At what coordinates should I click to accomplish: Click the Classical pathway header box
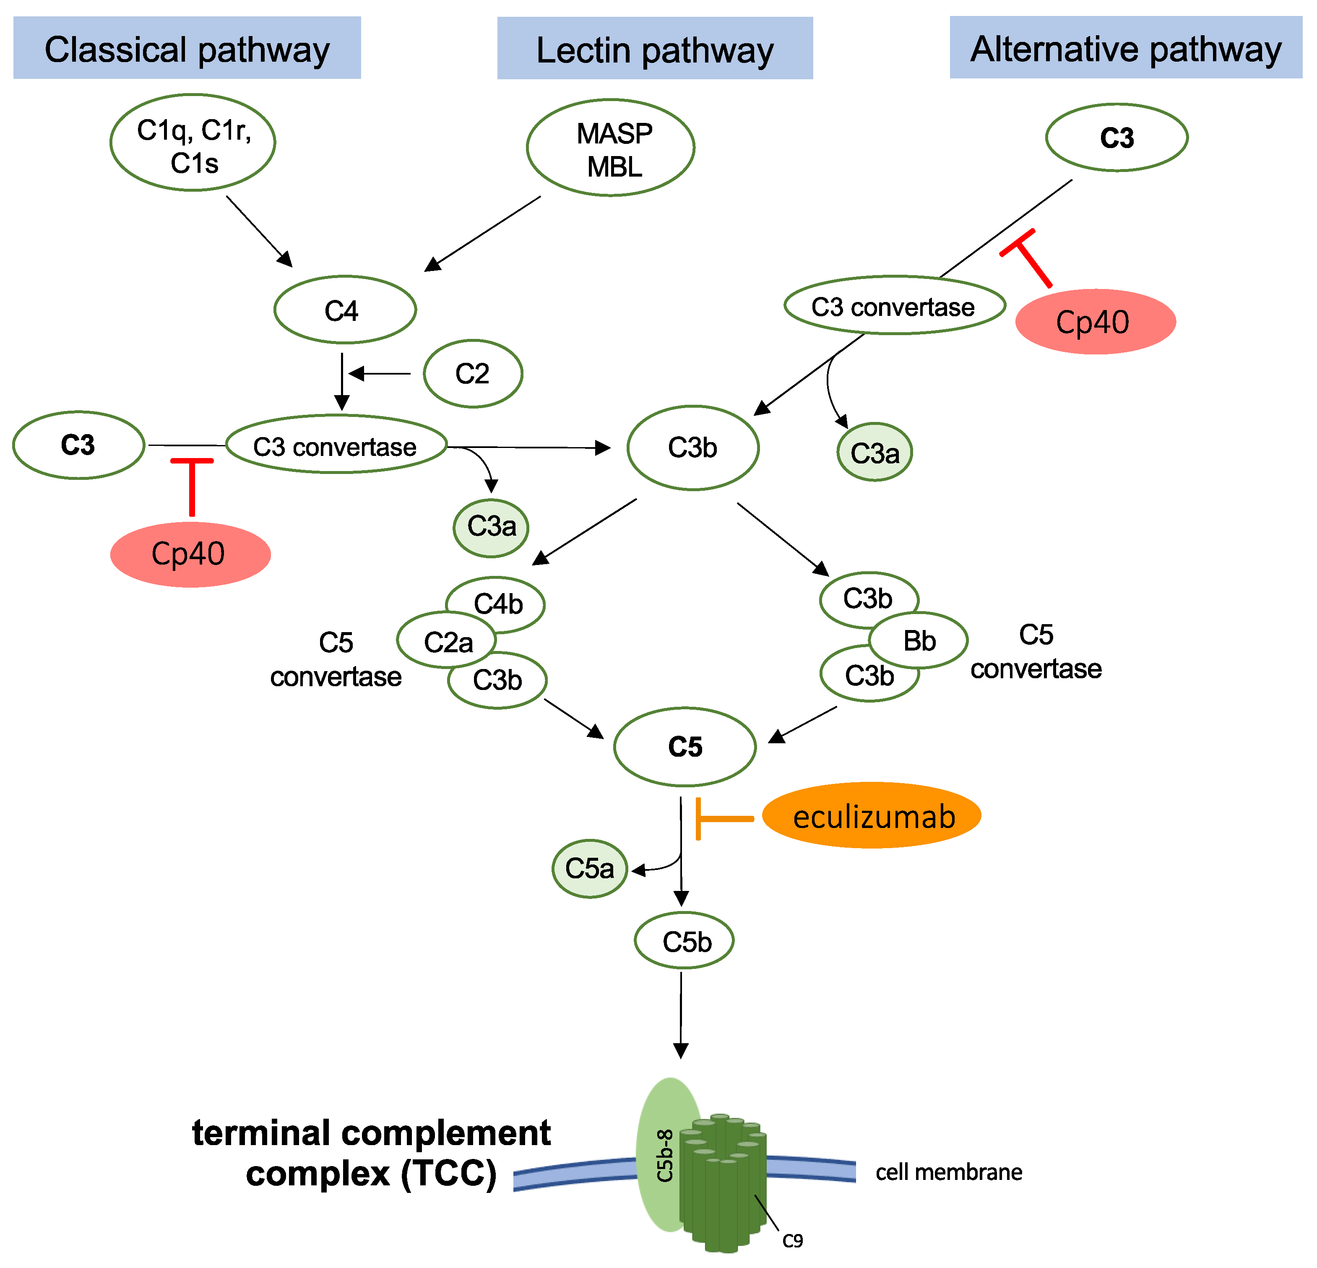(x=187, y=48)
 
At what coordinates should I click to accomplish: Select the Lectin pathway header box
(x=655, y=48)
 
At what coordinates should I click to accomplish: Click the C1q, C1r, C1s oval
(x=193, y=143)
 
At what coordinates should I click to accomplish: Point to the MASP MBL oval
(x=611, y=148)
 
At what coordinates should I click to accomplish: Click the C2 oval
(x=473, y=374)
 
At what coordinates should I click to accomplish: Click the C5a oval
(x=590, y=869)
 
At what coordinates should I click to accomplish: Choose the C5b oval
(x=684, y=941)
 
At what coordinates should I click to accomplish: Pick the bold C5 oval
(x=685, y=747)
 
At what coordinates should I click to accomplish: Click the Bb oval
(x=919, y=641)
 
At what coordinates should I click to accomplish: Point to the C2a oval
(x=447, y=641)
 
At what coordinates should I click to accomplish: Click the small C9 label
(x=793, y=1240)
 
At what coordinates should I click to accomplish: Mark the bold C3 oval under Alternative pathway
(x=1117, y=138)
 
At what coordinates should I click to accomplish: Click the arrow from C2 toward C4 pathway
(x=380, y=374)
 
